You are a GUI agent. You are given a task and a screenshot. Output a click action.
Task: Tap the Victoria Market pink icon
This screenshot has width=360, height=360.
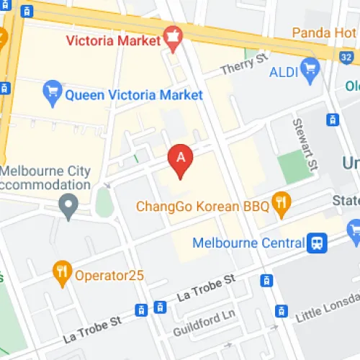172,37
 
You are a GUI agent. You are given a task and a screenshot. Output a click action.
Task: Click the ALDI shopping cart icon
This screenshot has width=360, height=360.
310,68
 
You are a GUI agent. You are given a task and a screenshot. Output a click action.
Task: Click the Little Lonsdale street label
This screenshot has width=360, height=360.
328,311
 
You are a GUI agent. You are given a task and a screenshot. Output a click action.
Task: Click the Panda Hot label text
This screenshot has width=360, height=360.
325,32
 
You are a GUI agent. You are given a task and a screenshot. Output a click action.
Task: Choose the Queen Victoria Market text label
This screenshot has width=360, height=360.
134,94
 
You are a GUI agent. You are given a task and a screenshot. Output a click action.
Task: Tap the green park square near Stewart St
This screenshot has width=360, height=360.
292,167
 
